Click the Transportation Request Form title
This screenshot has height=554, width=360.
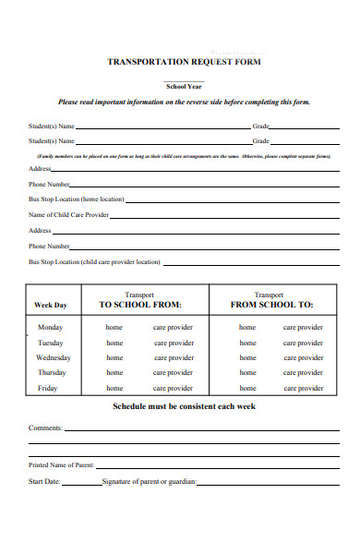click(185, 62)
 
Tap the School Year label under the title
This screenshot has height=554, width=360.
click(185, 85)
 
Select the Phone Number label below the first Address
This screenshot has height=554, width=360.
click(50, 185)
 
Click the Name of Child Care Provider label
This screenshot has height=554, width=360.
click(69, 214)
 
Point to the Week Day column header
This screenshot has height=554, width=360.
click(50, 305)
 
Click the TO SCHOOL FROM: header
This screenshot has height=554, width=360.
click(140, 305)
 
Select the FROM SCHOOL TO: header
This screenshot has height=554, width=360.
click(271, 305)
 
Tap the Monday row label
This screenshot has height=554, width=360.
click(50, 328)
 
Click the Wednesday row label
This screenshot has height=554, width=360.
click(53, 357)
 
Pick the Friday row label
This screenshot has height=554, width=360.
click(47, 389)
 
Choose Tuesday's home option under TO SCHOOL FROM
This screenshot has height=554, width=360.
click(114, 343)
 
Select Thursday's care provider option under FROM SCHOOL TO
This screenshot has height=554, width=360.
click(303, 373)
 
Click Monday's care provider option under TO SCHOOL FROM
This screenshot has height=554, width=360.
click(174, 328)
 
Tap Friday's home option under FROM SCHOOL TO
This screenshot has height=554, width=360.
click(247, 389)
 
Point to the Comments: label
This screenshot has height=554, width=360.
click(45, 428)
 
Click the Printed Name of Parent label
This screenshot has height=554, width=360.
click(61, 464)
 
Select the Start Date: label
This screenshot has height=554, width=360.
click(44, 482)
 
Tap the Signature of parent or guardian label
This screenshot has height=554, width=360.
click(149, 482)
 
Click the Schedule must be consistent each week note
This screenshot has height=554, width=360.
click(184, 406)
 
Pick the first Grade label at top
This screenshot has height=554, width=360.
click(261, 126)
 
